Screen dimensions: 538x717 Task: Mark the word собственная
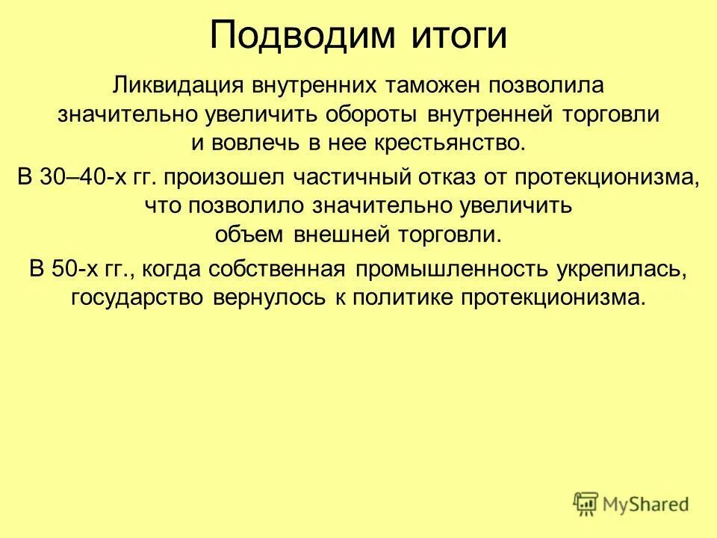click(273, 268)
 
